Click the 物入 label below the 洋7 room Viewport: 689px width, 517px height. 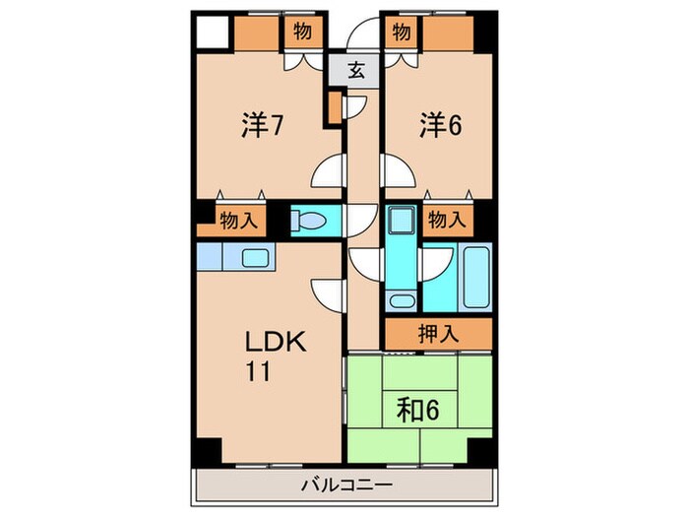(238, 220)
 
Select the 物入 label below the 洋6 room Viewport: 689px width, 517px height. (446, 220)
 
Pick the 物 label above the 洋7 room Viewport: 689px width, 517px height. (302, 32)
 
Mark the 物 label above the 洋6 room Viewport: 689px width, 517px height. (402, 32)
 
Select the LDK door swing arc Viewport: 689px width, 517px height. (327, 292)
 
